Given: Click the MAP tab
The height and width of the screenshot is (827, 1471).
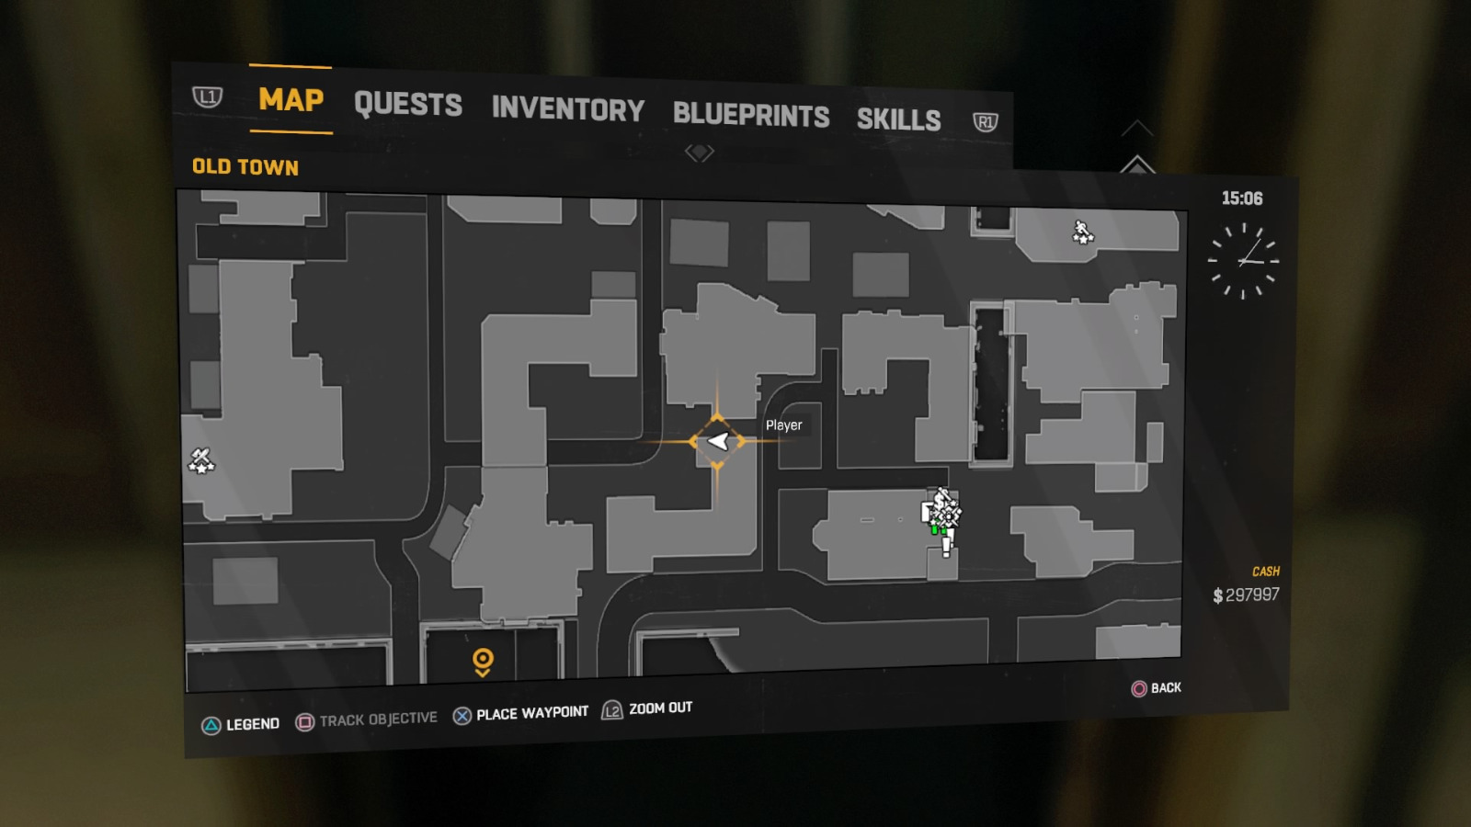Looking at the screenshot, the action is pyautogui.click(x=291, y=99).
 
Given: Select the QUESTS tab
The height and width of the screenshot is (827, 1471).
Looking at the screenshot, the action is pyautogui.click(x=407, y=105).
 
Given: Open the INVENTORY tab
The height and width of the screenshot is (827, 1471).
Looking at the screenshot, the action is pyautogui.click(x=567, y=109).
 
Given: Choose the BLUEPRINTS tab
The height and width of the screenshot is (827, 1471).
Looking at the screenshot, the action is pyautogui.click(x=750, y=115).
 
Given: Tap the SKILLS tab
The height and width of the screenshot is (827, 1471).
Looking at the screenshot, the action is pyautogui.click(x=898, y=119).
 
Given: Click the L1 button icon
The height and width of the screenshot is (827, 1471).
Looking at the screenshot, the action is pyautogui.click(x=208, y=96).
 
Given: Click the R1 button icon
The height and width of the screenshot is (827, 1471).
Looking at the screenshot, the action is pyautogui.click(x=985, y=122).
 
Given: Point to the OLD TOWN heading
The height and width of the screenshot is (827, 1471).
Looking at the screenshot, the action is pyautogui.click(x=245, y=166).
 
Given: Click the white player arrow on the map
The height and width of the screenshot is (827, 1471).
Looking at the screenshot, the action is pyautogui.click(x=718, y=441).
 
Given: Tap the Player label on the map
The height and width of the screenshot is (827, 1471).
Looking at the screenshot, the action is pyautogui.click(x=783, y=425).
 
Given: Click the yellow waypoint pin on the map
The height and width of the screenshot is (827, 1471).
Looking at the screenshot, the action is pyautogui.click(x=483, y=661).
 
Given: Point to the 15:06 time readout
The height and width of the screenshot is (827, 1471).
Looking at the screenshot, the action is pyautogui.click(x=1241, y=198).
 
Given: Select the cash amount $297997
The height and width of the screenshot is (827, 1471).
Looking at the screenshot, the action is pyautogui.click(x=1246, y=595).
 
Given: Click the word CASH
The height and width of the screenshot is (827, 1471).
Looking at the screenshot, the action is pyautogui.click(x=1265, y=572).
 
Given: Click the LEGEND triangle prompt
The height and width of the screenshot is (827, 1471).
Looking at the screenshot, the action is pyautogui.click(x=241, y=724).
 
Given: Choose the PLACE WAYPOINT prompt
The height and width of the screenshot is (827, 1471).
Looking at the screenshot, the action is pyautogui.click(x=521, y=714).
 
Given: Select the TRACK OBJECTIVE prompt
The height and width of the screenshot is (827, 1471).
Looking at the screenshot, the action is pyautogui.click(x=367, y=720).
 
